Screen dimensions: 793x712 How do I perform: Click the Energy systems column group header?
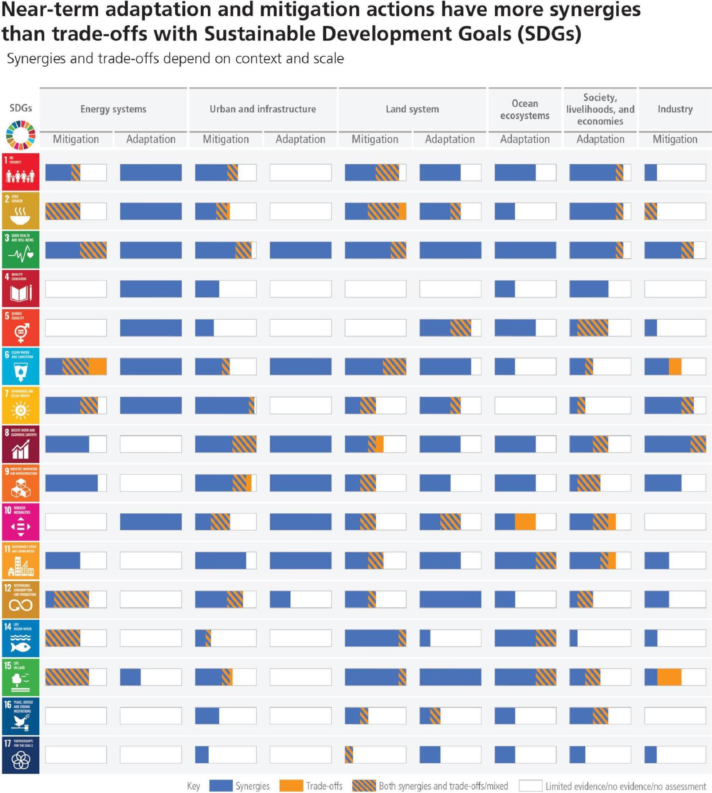point(113,109)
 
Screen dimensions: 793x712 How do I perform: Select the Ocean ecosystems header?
point(524,109)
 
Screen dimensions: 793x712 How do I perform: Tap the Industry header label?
point(675,109)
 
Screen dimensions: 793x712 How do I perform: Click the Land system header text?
point(412,109)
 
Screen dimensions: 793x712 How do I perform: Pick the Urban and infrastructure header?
point(263,109)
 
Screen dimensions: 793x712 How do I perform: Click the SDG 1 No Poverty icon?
point(21,172)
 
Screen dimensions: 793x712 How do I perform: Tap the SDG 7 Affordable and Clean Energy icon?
point(21,405)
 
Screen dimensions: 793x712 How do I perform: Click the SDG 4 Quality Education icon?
point(21,288)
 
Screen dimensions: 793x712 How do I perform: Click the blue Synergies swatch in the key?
point(221,785)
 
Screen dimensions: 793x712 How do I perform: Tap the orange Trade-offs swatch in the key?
point(291,785)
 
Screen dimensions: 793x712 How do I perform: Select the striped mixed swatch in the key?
point(364,785)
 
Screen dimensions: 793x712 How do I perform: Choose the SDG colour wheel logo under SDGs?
point(21,135)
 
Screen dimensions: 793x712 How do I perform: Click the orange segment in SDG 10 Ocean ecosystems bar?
point(525,522)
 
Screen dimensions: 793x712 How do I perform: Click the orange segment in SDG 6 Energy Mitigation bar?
point(98,366)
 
